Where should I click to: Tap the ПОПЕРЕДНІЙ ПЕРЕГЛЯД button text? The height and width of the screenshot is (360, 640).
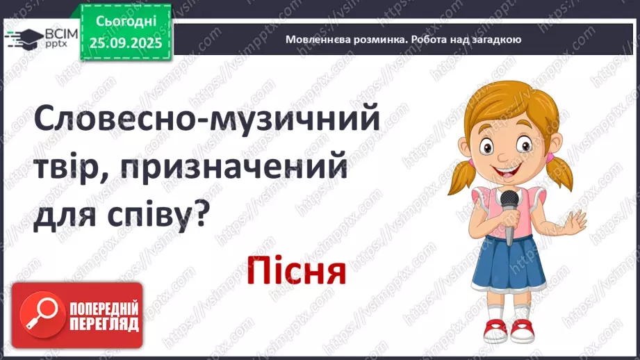point(104,316)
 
